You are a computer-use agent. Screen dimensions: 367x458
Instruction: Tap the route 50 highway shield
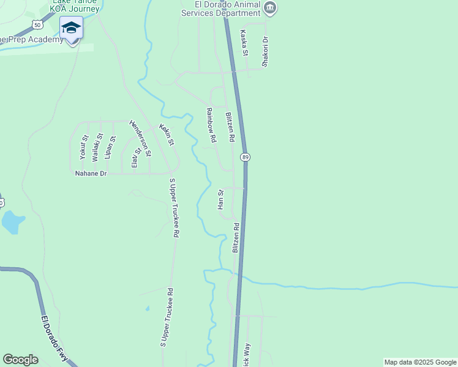click(37, 24)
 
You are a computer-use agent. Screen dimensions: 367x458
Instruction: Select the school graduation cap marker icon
click(72, 28)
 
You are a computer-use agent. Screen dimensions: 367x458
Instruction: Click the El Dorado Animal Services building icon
click(270, 7)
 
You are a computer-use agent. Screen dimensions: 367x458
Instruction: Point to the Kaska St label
click(244, 43)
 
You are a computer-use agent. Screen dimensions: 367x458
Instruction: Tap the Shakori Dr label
click(265, 51)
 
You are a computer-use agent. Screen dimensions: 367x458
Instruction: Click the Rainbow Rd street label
click(211, 125)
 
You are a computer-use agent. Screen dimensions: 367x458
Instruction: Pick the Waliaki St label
click(97, 147)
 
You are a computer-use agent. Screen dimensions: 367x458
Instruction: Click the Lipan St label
click(110, 147)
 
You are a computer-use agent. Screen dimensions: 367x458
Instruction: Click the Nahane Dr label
click(91, 174)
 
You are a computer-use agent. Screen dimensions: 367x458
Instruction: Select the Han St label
click(220, 200)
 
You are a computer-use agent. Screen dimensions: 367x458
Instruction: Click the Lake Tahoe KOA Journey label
click(75, 6)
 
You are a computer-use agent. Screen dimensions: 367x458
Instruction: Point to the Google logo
click(20, 360)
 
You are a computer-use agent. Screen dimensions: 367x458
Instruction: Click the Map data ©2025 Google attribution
click(420, 362)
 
